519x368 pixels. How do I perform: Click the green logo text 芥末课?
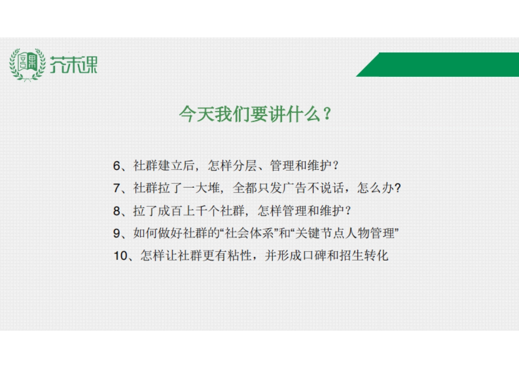coord(74,65)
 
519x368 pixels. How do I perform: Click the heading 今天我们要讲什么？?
coord(256,115)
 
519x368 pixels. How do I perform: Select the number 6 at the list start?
coord(116,166)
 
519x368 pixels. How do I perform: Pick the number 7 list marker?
coord(116,189)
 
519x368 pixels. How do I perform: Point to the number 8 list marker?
coord(116,211)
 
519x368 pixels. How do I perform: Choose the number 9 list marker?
coord(116,234)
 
